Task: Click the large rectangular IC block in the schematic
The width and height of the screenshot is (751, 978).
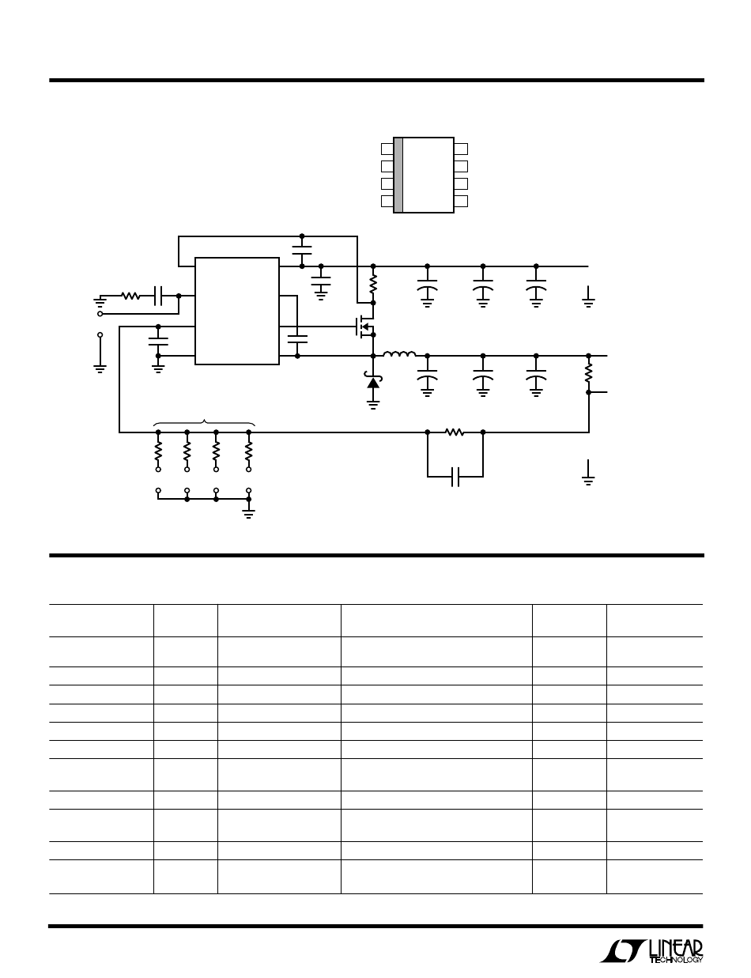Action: tap(237, 311)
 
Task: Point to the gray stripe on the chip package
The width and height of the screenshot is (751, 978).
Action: tap(398, 175)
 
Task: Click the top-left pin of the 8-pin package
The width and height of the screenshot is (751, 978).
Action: tap(387, 149)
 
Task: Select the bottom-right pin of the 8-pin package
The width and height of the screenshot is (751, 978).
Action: tap(462, 201)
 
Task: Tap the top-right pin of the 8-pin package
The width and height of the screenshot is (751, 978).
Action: tap(462, 149)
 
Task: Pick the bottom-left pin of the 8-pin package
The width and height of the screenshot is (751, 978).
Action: tap(387, 201)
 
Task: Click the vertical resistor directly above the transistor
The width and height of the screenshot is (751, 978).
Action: tap(373, 283)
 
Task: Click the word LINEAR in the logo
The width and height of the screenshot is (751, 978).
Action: tap(676, 946)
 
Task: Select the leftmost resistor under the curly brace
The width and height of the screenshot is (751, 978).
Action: tap(158, 451)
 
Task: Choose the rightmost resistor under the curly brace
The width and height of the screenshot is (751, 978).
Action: tap(249, 451)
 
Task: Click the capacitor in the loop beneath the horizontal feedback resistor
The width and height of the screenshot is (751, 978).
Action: tap(455, 477)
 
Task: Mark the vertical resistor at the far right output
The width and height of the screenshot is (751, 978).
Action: tap(588, 372)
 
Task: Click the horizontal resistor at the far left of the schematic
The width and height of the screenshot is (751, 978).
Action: tap(130, 297)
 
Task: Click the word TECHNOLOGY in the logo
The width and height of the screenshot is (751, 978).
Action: tap(676, 960)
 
